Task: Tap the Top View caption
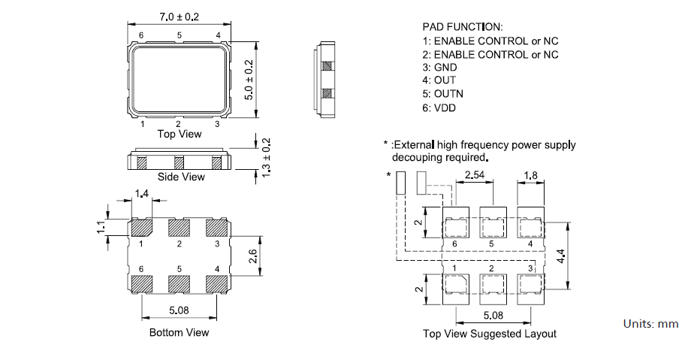(x=179, y=134)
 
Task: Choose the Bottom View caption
(x=179, y=332)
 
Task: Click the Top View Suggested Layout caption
(x=489, y=334)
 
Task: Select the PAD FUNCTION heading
(x=463, y=27)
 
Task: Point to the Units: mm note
(x=650, y=324)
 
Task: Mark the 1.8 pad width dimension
(x=530, y=175)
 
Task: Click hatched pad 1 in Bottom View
(x=141, y=227)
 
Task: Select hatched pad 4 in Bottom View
(x=216, y=283)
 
